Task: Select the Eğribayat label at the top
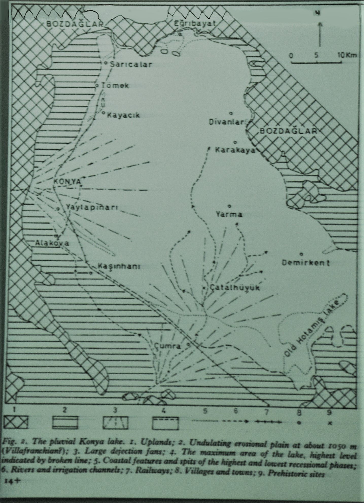(194, 23)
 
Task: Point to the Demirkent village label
(306, 263)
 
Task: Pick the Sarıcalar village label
(131, 64)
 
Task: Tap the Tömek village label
(115, 86)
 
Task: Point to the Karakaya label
(235, 150)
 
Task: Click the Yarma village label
(229, 215)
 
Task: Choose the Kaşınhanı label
(119, 267)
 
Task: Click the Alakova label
(52, 243)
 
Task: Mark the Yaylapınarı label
(92, 207)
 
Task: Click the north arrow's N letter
(317, 13)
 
